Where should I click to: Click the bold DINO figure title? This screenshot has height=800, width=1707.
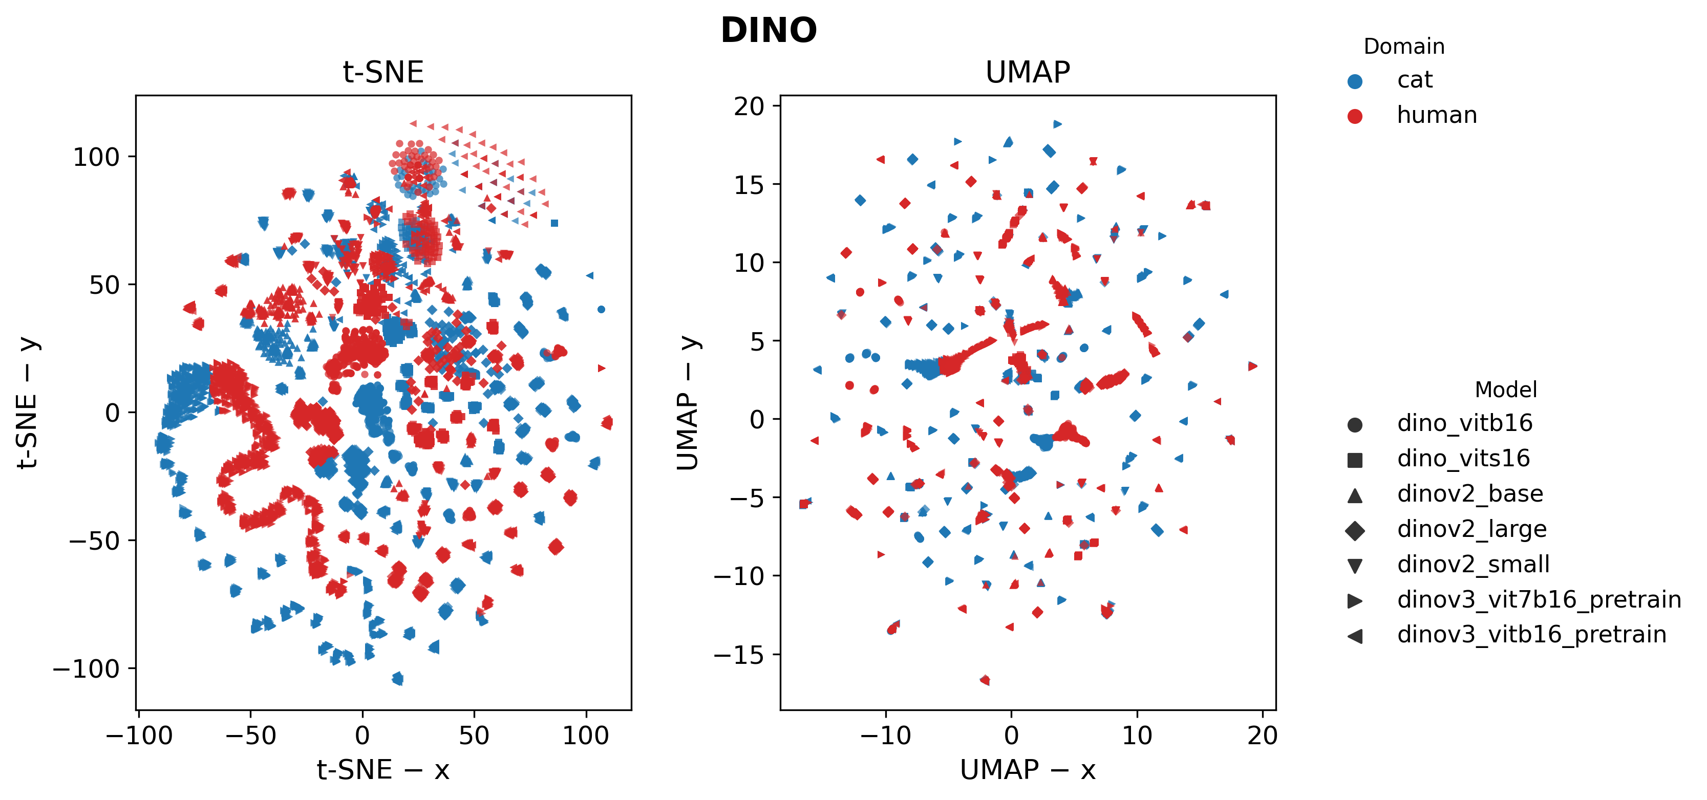(x=768, y=31)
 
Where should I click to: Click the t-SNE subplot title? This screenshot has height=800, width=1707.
(x=383, y=72)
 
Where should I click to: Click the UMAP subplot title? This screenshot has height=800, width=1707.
(x=1027, y=72)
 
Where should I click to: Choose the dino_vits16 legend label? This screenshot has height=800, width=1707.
(x=1463, y=458)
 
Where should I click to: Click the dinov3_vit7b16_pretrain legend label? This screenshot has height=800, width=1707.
(x=1539, y=599)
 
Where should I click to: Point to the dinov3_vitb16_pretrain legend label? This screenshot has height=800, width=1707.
(x=1531, y=635)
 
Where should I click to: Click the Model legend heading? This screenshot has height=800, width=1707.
(x=1506, y=390)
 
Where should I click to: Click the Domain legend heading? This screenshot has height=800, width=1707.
(x=1403, y=47)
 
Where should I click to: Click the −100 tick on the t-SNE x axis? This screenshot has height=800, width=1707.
(x=139, y=735)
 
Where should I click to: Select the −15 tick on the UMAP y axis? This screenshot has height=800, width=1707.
(x=738, y=655)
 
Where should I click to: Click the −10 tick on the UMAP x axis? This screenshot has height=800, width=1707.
(x=885, y=735)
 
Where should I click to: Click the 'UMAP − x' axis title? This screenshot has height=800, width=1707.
(x=1027, y=769)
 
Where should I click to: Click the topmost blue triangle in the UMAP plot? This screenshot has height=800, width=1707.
(x=1058, y=124)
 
